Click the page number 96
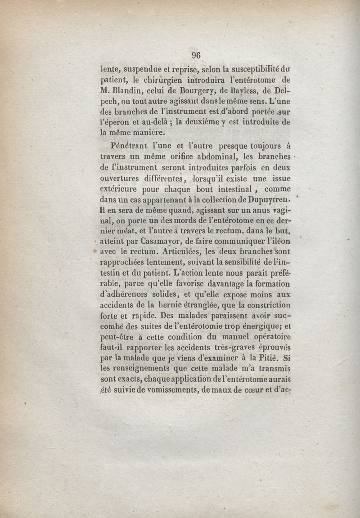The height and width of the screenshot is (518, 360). [196, 56]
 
